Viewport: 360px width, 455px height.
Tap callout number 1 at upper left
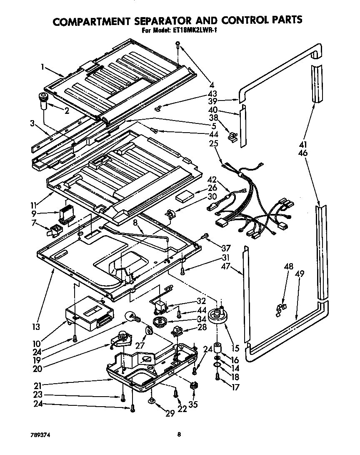[43, 66]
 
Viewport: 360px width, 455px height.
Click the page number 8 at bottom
[179, 434]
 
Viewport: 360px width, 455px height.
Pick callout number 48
[288, 266]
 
